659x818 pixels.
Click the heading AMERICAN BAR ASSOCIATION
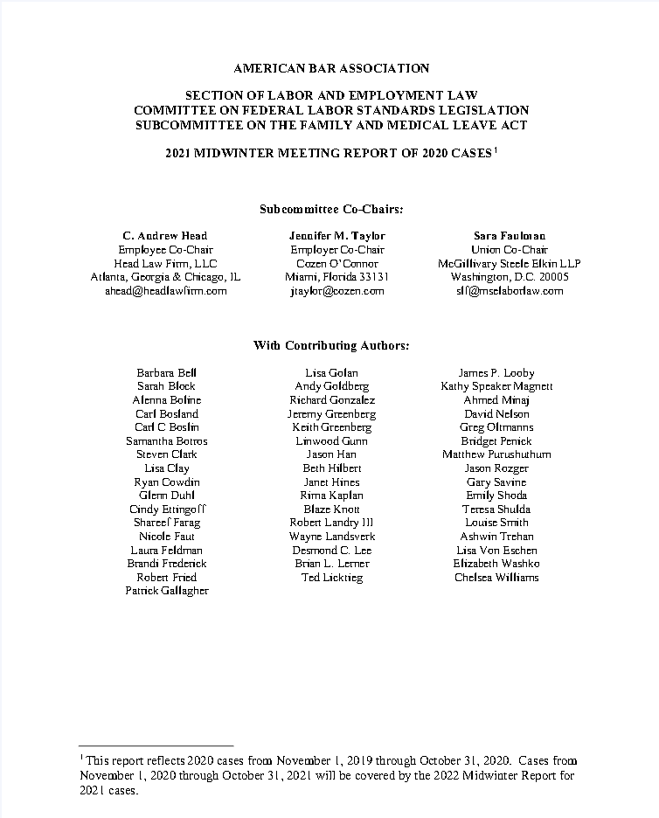click(x=331, y=68)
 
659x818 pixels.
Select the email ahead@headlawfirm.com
click(x=166, y=291)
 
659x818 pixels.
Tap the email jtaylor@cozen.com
click(x=336, y=291)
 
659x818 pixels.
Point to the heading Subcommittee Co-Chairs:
click(x=331, y=209)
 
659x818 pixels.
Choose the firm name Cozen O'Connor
click(x=336, y=263)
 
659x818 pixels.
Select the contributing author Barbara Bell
click(x=166, y=373)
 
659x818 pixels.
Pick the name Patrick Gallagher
click(x=166, y=591)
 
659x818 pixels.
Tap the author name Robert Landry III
click(x=331, y=523)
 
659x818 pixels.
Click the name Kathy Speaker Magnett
click(x=496, y=386)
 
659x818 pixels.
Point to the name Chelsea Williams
click(x=496, y=577)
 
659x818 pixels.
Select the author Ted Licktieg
click(x=331, y=578)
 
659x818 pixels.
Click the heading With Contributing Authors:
click(x=331, y=345)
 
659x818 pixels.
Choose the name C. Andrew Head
click(x=165, y=236)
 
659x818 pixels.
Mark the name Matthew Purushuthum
click(x=496, y=454)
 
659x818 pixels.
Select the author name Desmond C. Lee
click(x=331, y=550)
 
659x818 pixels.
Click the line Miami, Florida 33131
click(x=336, y=277)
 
